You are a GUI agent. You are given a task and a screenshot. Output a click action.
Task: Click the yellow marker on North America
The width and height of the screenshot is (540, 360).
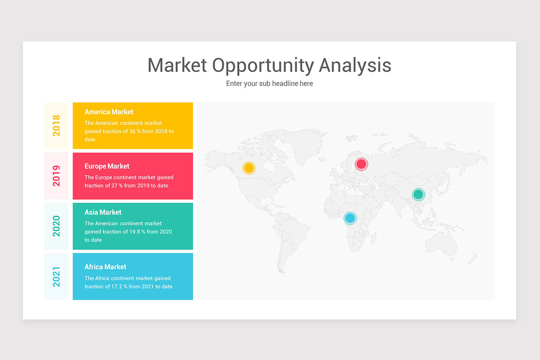point(249,168)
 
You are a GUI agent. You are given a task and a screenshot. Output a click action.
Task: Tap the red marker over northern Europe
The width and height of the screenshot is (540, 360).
point(361,164)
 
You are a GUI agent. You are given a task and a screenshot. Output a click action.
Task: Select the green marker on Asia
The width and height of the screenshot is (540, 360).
point(418,194)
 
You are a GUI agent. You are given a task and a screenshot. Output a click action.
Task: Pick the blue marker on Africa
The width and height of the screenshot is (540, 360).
point(350,218)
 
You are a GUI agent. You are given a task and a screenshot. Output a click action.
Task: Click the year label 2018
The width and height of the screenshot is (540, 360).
point(56,126)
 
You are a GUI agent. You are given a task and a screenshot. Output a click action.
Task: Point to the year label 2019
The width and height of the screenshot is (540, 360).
point(56,176)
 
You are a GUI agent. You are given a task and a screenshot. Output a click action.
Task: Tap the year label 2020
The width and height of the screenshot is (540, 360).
point(56,226)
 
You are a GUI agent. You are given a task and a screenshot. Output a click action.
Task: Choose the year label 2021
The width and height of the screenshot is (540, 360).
point(56,277)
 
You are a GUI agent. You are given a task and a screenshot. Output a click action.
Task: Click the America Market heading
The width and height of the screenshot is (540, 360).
point(109,112)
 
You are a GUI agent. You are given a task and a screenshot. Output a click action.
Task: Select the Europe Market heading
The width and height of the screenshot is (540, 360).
point(107,166)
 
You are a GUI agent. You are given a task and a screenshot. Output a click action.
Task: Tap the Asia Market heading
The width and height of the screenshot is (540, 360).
point(103,212)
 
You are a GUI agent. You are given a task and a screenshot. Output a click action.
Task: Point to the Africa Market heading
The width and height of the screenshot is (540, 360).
point(105,267)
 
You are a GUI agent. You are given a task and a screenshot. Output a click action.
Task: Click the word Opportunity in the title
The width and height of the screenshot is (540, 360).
point(263,66)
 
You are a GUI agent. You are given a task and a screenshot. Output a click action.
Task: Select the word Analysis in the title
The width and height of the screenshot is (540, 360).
point(355,65)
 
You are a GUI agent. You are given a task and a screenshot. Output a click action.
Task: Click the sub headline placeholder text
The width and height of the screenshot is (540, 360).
point(270,83)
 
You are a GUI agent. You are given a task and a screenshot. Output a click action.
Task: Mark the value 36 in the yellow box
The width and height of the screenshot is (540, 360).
point(132,131)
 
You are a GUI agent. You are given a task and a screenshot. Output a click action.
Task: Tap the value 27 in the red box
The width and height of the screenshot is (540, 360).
point(114,186)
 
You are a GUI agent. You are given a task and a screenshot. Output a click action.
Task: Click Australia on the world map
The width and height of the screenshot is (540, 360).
point(441,243)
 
